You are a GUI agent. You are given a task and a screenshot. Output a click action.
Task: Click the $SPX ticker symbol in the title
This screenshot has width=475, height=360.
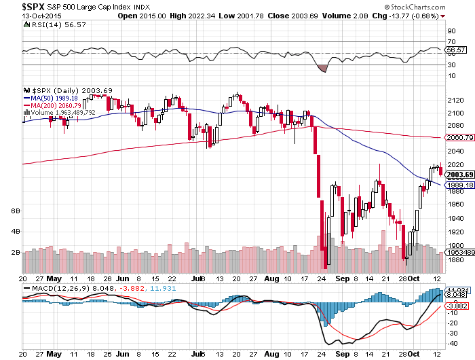pos(17,5)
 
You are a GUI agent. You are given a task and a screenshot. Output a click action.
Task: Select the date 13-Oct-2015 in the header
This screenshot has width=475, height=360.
pos(20,15)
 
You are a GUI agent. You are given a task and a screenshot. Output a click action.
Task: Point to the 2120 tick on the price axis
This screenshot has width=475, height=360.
pos(456,101)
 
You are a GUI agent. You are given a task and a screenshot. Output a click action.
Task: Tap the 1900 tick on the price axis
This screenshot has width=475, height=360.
pos(456,245)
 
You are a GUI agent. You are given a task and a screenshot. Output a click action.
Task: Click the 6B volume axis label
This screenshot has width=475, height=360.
pos(16,211)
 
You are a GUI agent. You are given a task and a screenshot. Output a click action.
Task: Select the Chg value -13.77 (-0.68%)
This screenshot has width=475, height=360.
pos(406,15)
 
